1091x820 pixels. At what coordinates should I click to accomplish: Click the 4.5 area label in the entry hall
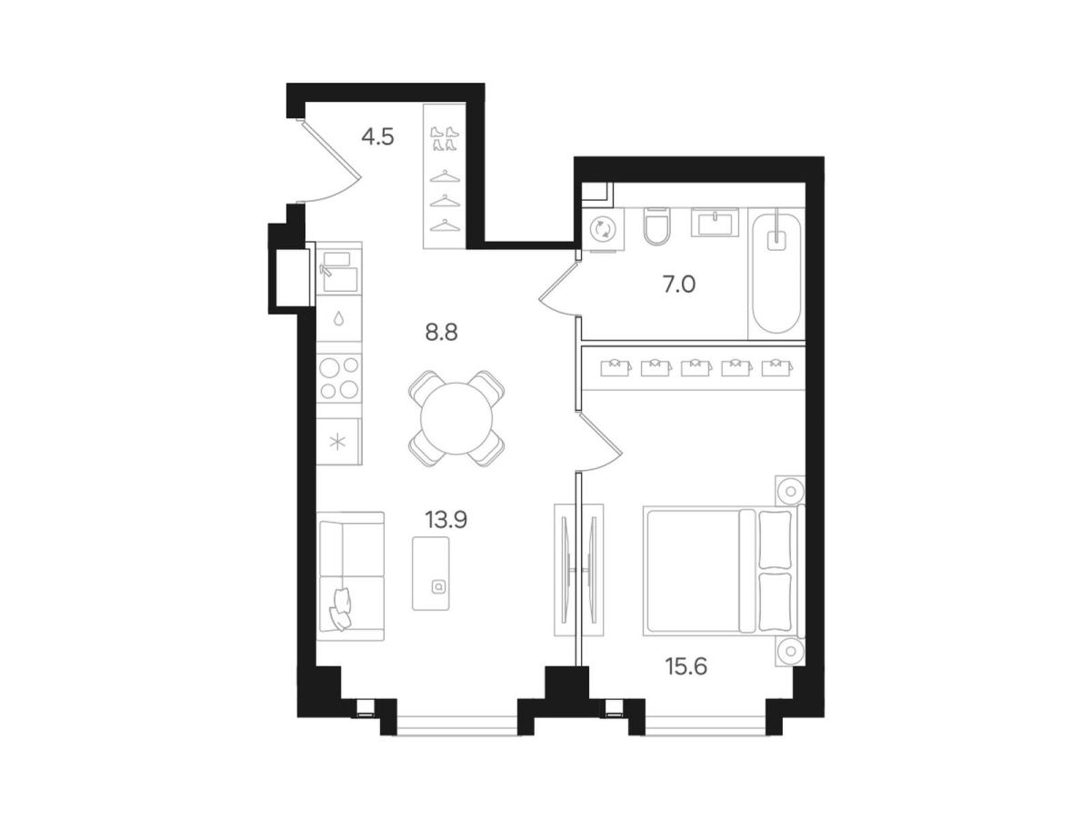[377, 136]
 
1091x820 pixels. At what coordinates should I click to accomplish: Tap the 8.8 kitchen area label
[441, 333]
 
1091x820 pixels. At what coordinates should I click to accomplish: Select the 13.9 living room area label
[445, 520]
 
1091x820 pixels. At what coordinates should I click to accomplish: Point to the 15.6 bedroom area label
[686, 666]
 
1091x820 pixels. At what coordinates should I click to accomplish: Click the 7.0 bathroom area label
[679, 285]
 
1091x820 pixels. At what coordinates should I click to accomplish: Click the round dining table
[455, 418]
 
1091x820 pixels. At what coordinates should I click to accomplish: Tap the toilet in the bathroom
[656, 226]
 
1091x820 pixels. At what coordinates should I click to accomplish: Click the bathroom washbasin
[715, 222]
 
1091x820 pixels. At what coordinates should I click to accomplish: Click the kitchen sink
[339, 271]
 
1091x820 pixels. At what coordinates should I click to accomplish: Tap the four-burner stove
[339, 378]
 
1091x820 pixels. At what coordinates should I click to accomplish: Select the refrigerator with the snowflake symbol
[339, 441]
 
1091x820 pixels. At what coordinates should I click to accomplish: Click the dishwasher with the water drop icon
[339, 318]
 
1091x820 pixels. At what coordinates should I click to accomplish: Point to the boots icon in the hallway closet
[445, 139]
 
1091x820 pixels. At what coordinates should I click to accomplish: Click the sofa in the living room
[351, 576]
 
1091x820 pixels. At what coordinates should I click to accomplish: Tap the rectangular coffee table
[430, 573]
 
